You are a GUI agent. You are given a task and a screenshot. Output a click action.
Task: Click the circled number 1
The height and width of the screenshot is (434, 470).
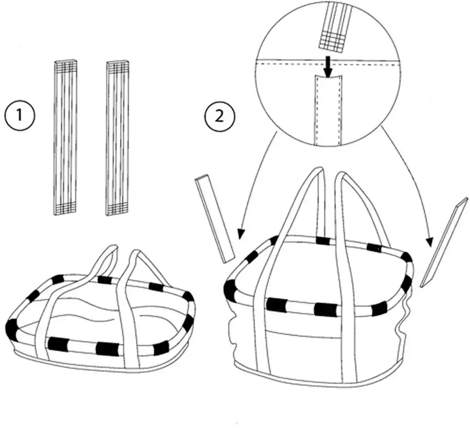click(x=20, y=115)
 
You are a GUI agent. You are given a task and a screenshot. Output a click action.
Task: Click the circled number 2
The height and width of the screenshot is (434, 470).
click(x=219, y=116)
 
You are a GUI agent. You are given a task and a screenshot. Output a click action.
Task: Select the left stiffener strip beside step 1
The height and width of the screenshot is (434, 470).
click(x=65, y=137)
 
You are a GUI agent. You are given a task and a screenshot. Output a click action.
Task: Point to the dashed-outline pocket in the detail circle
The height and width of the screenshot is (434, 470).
click(x=328, y=110)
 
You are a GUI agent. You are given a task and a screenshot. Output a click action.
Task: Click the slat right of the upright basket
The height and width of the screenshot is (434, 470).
click(x=444, y=242)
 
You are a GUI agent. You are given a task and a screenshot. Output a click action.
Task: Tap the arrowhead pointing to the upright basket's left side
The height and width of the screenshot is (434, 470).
click(x=241, y=234)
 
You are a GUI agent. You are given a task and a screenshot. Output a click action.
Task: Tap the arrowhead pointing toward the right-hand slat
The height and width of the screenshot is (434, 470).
click(x=430, y=242)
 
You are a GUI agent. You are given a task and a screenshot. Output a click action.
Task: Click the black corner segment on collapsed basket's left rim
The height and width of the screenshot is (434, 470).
click(x=11, y=327)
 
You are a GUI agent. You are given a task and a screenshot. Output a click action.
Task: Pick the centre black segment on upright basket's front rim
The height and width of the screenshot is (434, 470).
click(x=325, y=309)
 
